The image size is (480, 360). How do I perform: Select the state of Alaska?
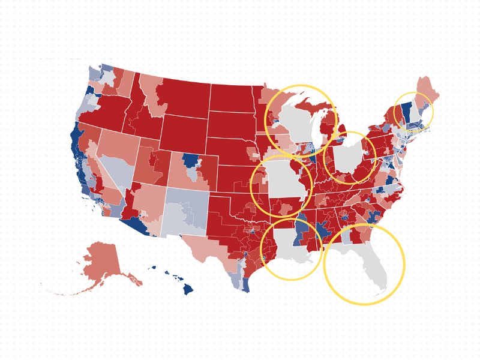tap(102, 264)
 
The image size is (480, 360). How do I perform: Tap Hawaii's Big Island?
tap(188, 289)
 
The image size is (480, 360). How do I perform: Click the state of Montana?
tap(180, 96)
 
